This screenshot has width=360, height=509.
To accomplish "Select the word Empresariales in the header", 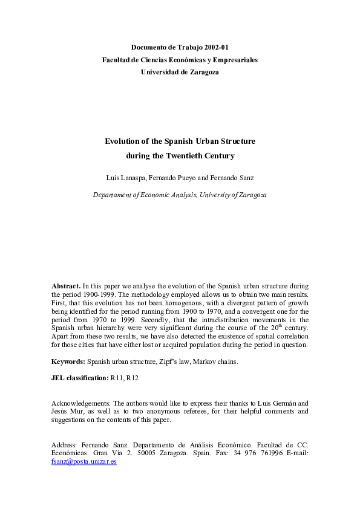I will coord(234,60).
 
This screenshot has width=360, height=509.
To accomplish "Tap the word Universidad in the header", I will coord(160,72).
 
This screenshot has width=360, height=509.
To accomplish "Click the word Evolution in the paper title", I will coord(122,141).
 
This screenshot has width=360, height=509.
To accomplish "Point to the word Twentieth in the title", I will coord(176,155).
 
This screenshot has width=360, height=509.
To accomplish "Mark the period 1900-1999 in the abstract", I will coord(93,294).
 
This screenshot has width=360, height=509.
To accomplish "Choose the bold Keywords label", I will coord(68,361).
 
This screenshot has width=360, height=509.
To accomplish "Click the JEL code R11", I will coord(116,378).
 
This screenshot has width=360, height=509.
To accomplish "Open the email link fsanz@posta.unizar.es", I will coord(83,462).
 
